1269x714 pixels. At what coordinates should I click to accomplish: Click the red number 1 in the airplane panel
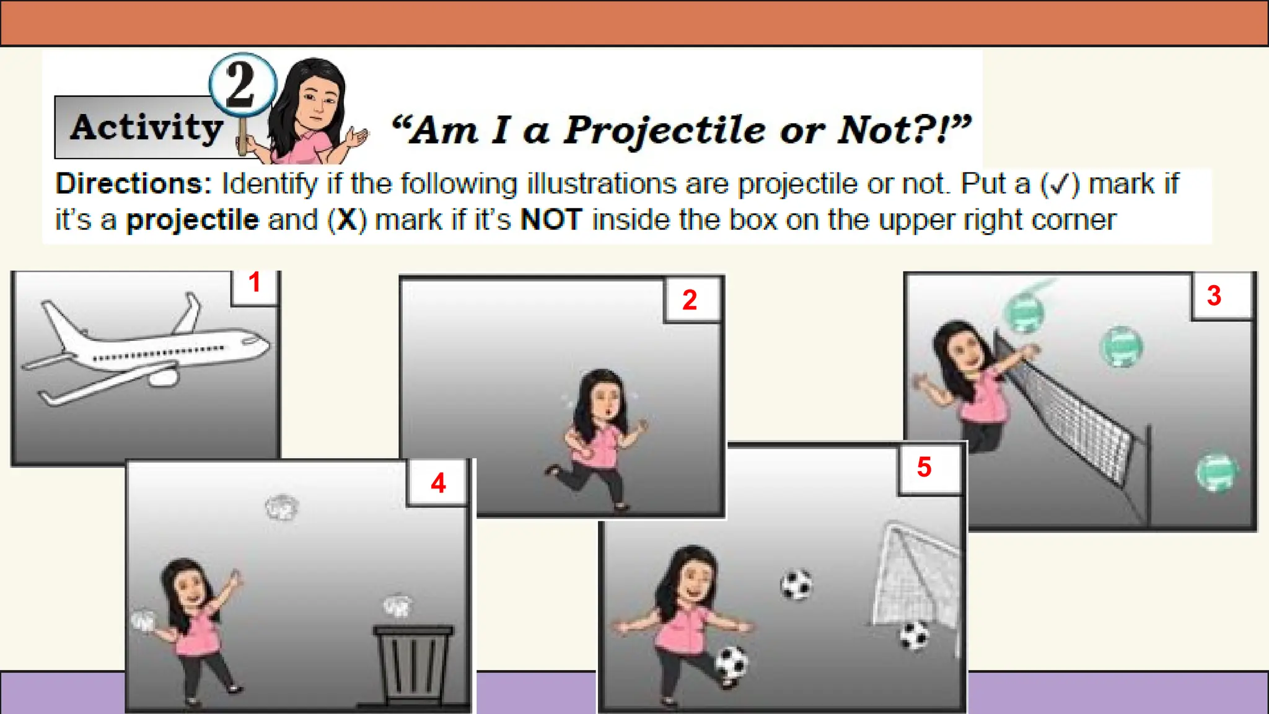point(254,283)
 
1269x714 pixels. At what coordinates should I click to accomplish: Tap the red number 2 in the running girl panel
point(690,300)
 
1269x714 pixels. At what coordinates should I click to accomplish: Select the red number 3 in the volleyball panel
point(1214,296)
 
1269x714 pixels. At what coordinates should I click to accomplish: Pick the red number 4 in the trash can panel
point(438,483)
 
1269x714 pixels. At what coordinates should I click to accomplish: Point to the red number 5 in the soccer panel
point(924,467)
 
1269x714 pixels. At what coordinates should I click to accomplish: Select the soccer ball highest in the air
point(796,584)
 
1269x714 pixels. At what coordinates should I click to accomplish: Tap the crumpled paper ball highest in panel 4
point(281,508)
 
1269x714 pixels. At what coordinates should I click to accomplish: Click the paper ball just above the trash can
point(397,606)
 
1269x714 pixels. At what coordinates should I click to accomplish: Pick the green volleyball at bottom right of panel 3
point(1216,473)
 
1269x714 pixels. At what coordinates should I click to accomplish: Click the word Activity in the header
point(146,128)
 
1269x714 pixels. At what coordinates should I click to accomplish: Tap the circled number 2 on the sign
point(241,84)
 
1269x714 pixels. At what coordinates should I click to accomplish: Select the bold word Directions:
point(133,184)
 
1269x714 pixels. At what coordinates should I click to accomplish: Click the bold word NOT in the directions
point(551,220)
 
